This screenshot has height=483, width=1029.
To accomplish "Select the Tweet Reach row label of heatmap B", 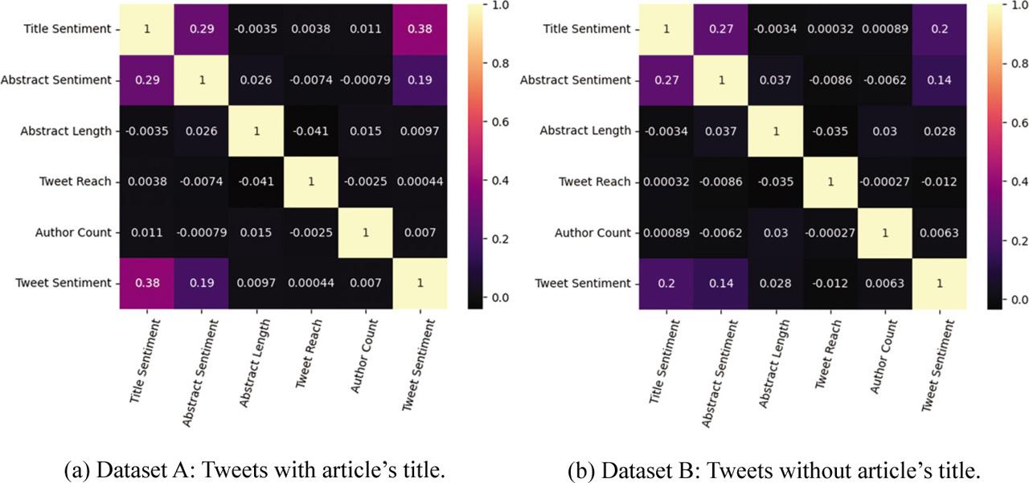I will (595, 182).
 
